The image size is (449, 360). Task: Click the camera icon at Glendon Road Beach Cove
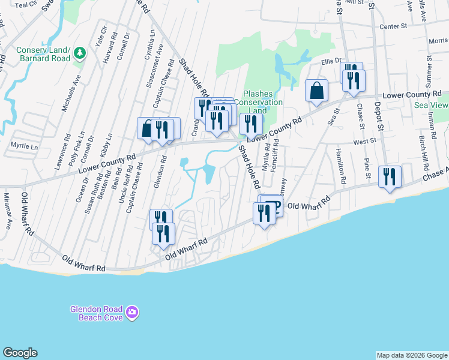pos(132,313)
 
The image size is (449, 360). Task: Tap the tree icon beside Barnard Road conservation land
pos(80,54)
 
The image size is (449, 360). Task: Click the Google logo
pos(20,353)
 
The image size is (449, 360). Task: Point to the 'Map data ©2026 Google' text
pos(411,355)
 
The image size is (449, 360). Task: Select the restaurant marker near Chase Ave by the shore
pos(390,177)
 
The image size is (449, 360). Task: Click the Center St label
pos(394,26)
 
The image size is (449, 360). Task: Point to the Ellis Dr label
pos(331,61)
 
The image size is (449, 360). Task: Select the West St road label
pos(364,142)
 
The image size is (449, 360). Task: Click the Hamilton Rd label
pos(341,166)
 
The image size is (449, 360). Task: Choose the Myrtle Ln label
pos(24,146)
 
